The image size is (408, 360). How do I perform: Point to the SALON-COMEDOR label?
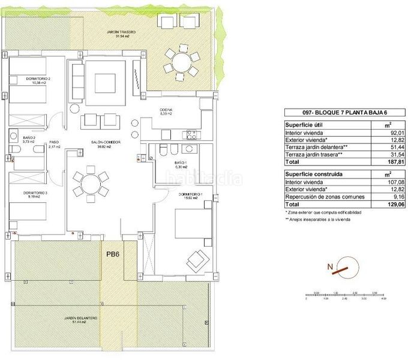[x=106, y=144]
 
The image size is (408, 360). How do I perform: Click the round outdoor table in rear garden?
[x=181, y=61]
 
